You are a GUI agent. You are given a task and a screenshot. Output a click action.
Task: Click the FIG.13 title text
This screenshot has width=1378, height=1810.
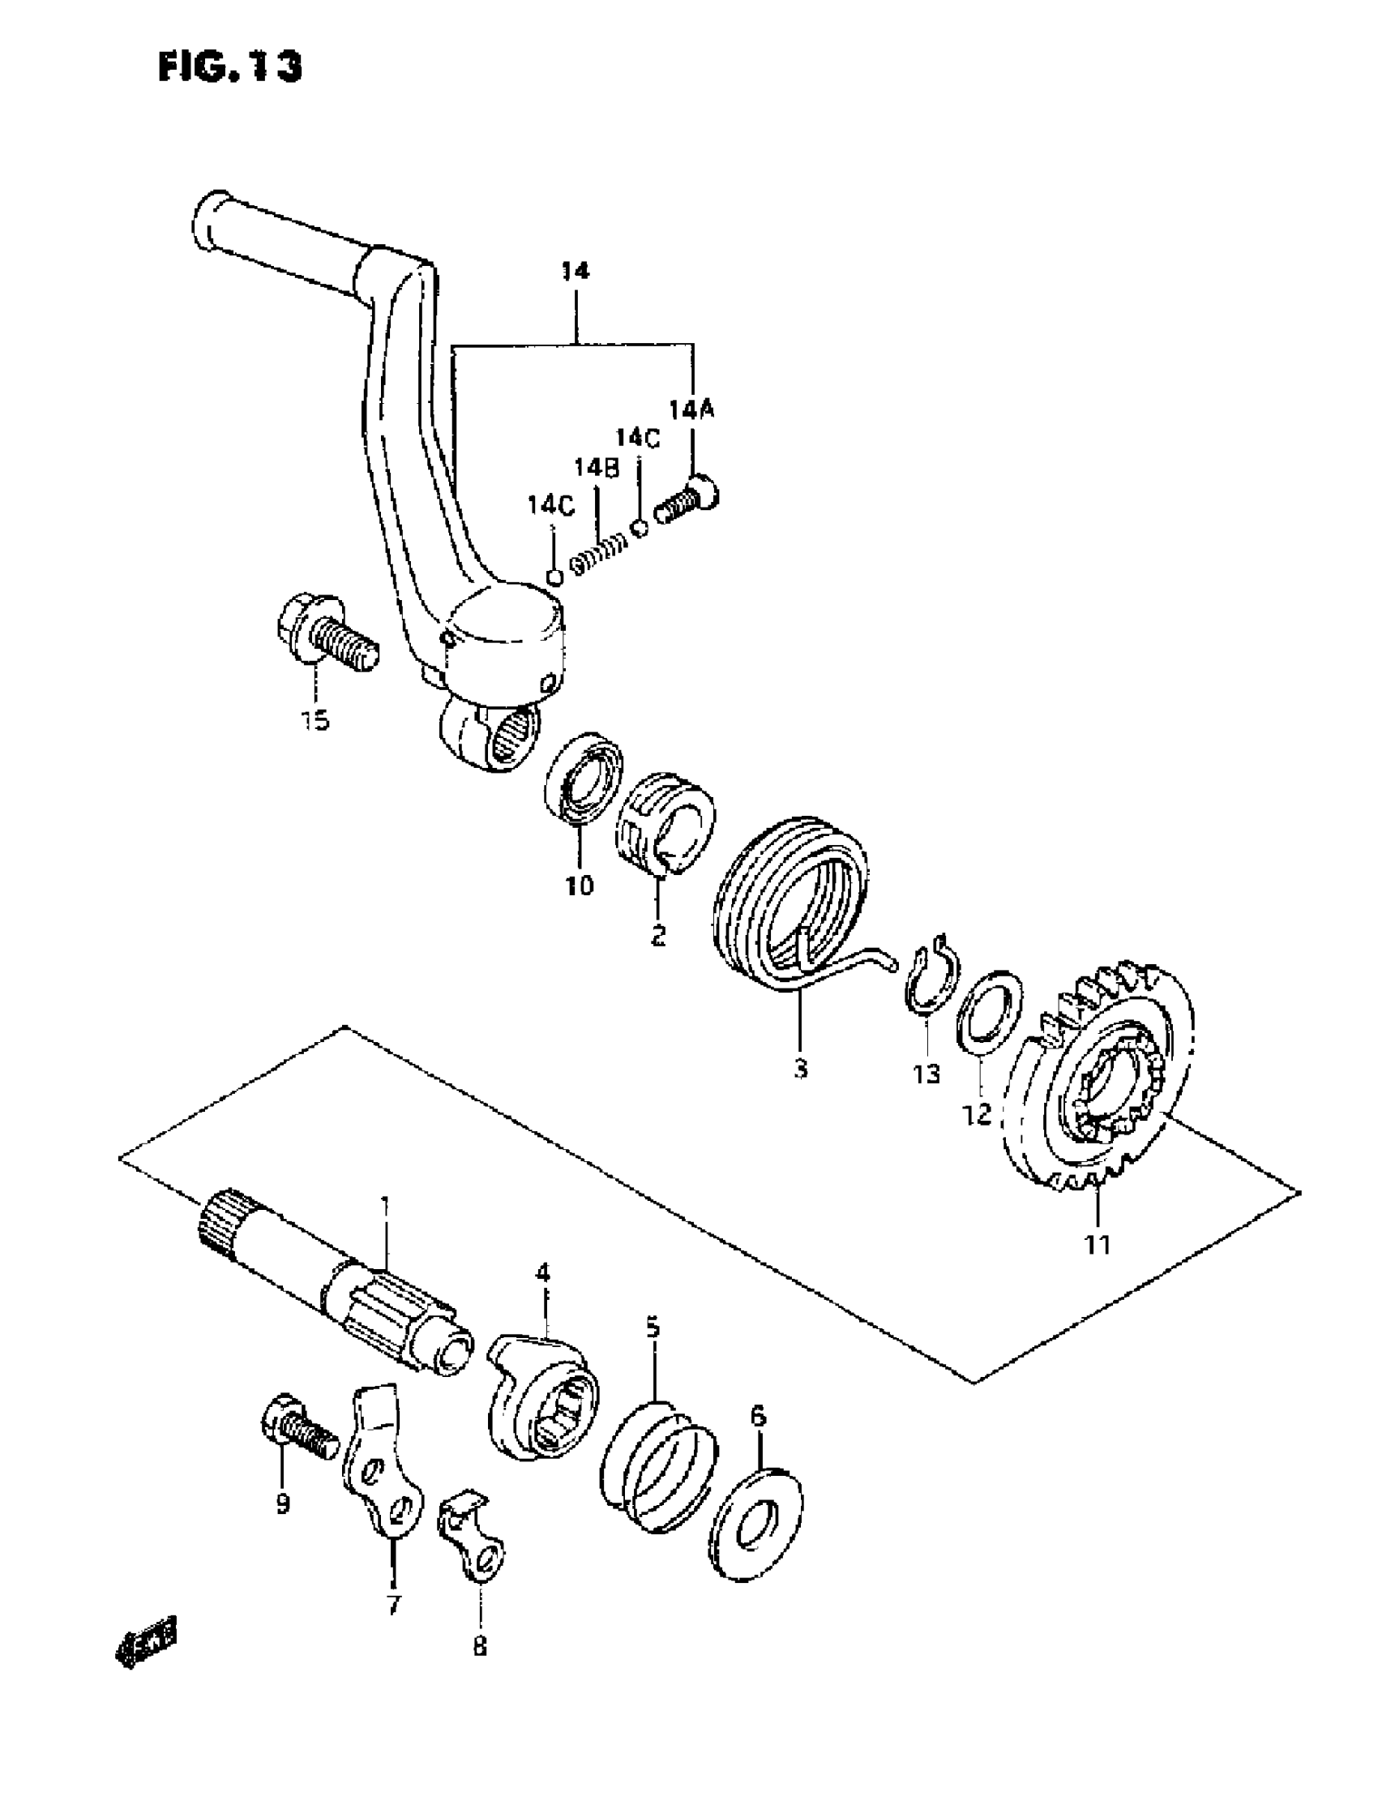(x=229, y=67)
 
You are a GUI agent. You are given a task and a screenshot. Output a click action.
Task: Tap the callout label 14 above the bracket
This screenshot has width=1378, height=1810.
(x=576, y=271)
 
